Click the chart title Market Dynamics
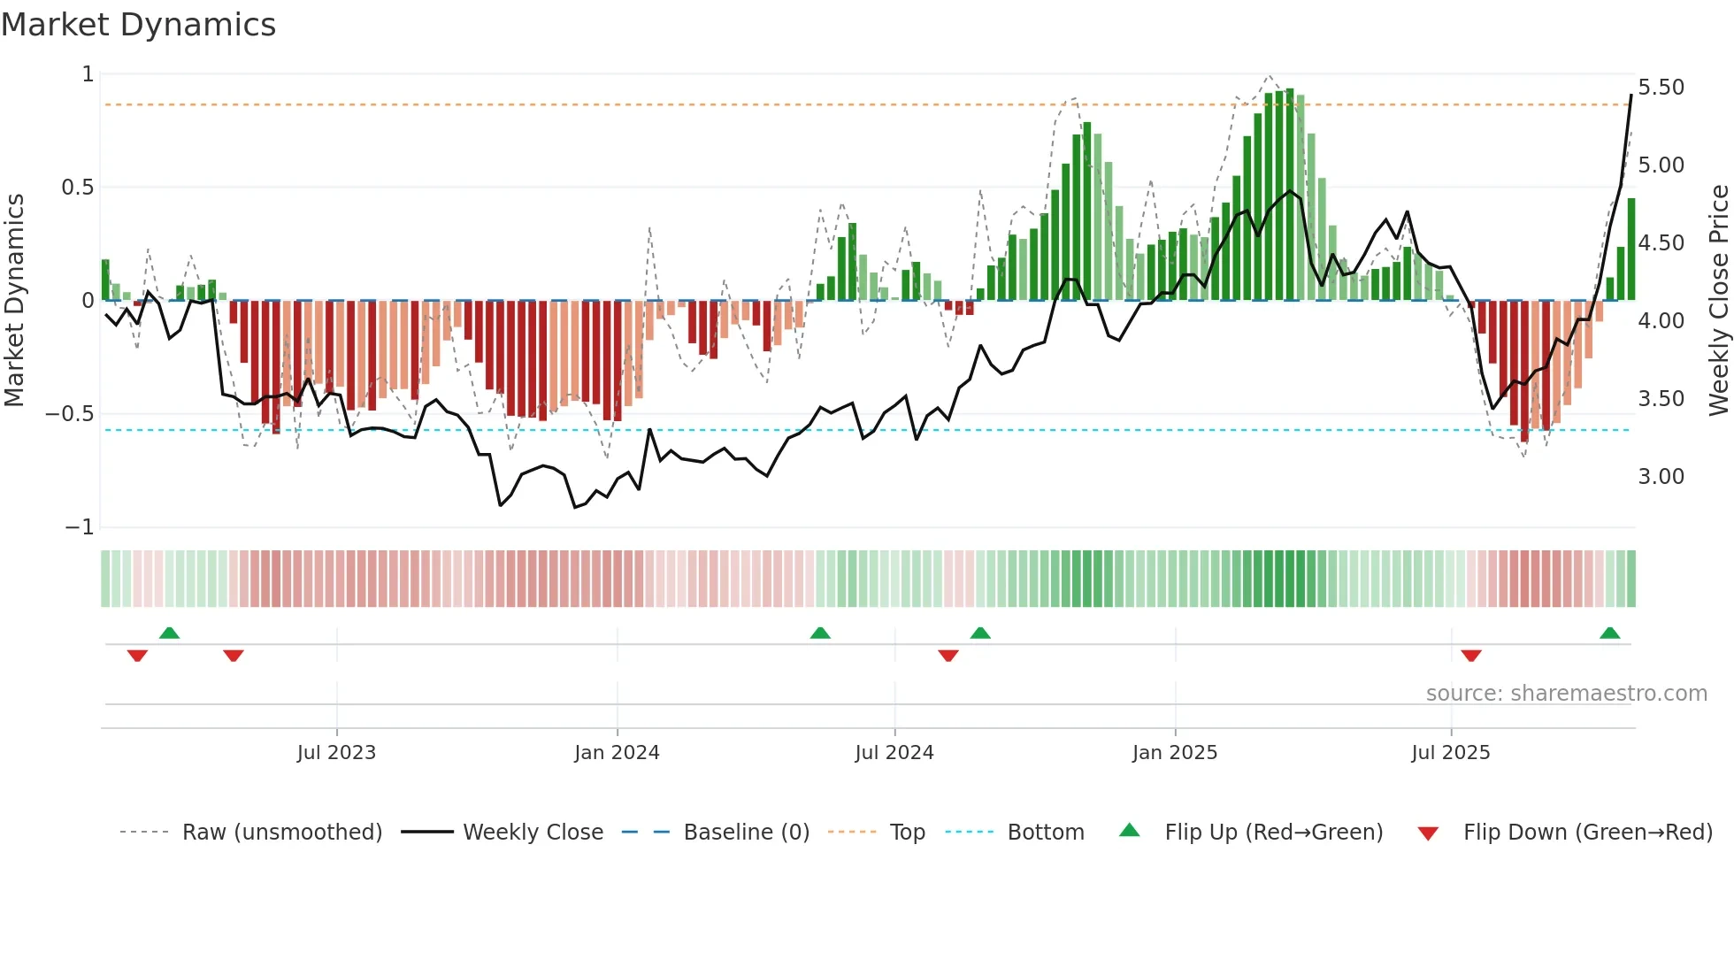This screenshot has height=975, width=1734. point(138,25)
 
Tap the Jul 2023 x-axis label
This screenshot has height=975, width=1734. point(336,752)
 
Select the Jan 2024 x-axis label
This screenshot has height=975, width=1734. point(617,752)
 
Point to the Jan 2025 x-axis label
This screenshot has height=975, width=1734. point(1175,752)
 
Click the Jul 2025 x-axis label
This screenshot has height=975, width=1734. point(1451,752)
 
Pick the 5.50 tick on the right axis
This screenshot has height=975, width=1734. point(1661,88)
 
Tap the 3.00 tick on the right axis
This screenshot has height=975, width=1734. point(1661,477)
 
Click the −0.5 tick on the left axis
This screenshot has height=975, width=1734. point(70,414)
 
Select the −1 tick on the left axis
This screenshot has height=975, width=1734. point(80,527)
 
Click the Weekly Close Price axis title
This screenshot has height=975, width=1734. point(1718,300)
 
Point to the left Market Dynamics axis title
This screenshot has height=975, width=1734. point(14,300)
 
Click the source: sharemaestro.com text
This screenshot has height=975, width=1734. point(1566,694)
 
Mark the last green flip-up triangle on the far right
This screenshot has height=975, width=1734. point(1609,633)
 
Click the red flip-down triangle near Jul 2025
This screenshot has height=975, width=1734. point(1471,656)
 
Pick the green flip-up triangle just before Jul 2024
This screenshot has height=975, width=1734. point(820,633)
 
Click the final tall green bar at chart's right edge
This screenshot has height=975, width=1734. point(1631,250)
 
